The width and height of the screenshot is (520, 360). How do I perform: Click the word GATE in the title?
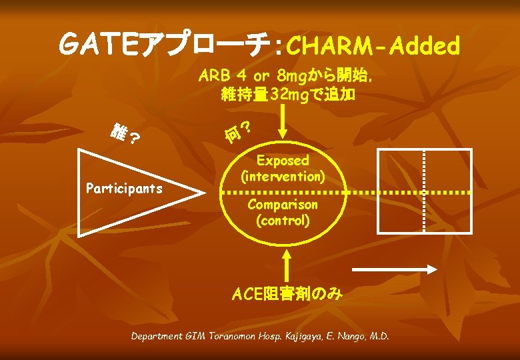point(99,45)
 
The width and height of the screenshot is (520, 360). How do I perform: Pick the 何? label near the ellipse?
point(237,133)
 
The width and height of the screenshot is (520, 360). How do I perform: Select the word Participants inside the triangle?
point(125,188)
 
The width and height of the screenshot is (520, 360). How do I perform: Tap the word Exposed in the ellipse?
point(283,161)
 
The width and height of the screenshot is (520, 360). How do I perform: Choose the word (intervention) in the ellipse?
point(283,177)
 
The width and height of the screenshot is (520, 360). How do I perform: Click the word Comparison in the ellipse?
point(283,204)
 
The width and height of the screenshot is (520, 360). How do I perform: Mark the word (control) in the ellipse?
point(283,220)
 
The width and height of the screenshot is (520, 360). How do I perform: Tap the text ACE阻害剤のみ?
point(287,293)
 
